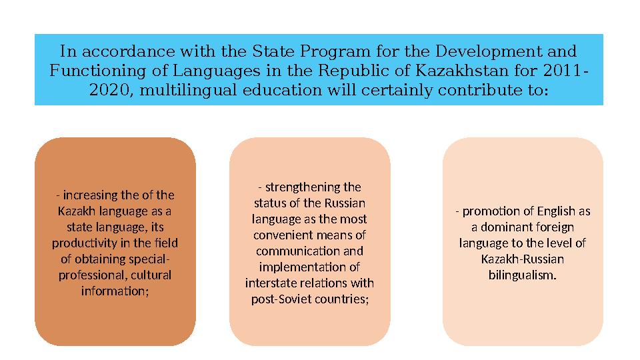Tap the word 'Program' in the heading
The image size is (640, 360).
[331, 51]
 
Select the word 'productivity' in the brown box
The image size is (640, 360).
[81, 243]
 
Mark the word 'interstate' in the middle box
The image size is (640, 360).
[269, 283]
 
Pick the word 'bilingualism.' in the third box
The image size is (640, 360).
[522, 275]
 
